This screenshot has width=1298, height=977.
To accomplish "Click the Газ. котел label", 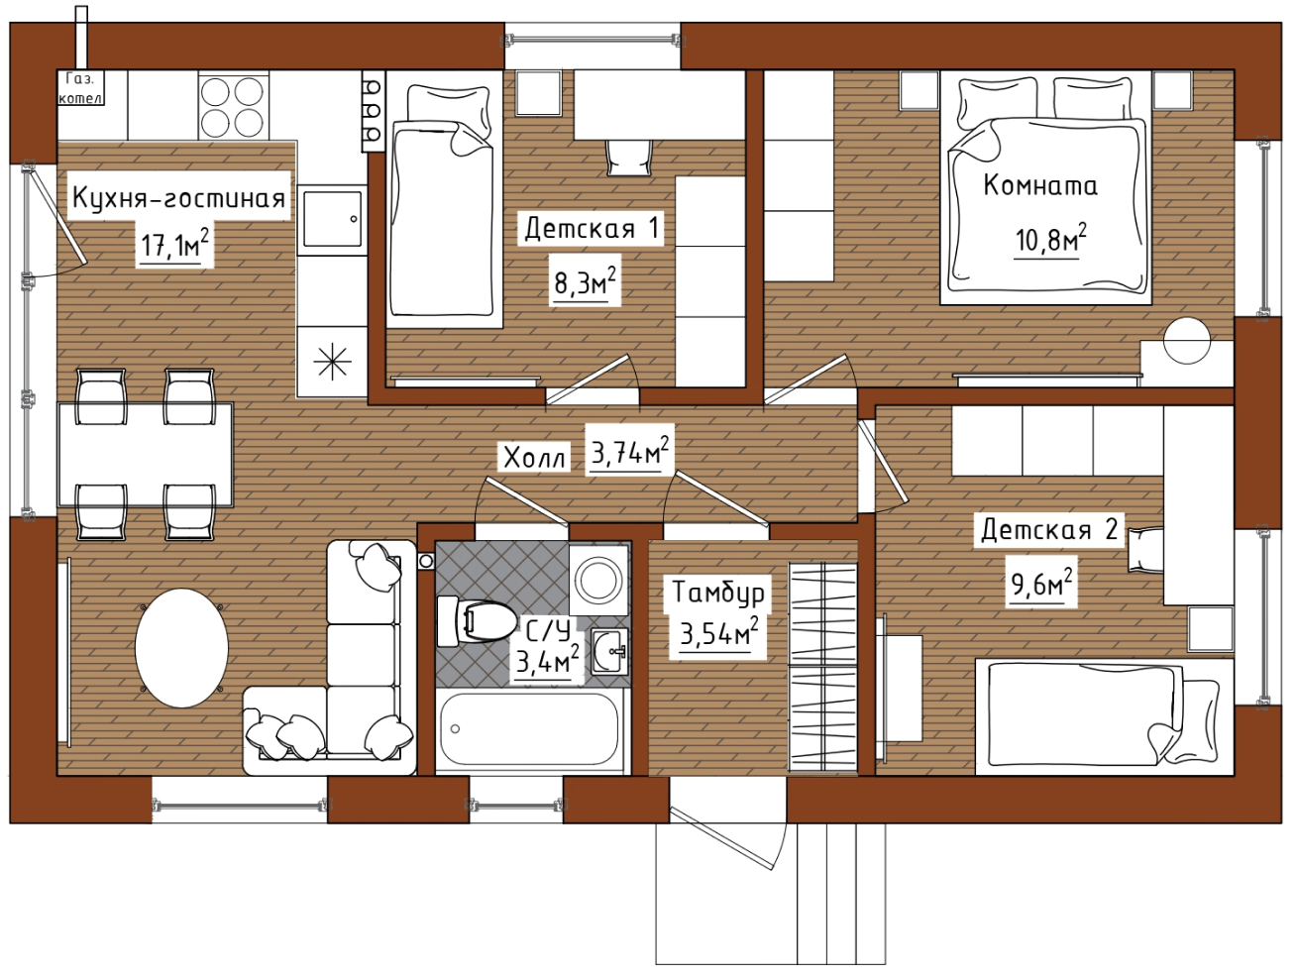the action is [81, 88].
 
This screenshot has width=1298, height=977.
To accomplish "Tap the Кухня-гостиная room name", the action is [178, 198].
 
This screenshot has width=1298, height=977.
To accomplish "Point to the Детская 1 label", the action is [592, 228].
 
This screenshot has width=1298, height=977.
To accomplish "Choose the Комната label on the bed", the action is [1040, 185].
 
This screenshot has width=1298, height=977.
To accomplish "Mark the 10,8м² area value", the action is [1050, 239].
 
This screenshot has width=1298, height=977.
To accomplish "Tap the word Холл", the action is [534, 458].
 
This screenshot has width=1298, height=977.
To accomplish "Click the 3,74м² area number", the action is [630, 452].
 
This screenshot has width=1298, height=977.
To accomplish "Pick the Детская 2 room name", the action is [1049, 529].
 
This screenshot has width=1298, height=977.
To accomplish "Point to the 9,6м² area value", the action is [1041, 583].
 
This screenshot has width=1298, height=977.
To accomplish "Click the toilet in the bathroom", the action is [476, 621].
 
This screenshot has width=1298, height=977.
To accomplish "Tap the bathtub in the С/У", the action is [530, 728].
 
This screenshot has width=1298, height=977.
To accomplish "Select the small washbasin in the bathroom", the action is [609, 651].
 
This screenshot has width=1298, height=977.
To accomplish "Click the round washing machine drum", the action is [598, 581].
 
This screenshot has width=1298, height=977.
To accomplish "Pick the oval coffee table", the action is [181, 648].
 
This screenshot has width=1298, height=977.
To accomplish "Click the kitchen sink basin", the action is [332, 219].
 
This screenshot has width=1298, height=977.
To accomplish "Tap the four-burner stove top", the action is [233, 105].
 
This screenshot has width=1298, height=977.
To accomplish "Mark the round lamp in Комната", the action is [1187, 340].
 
